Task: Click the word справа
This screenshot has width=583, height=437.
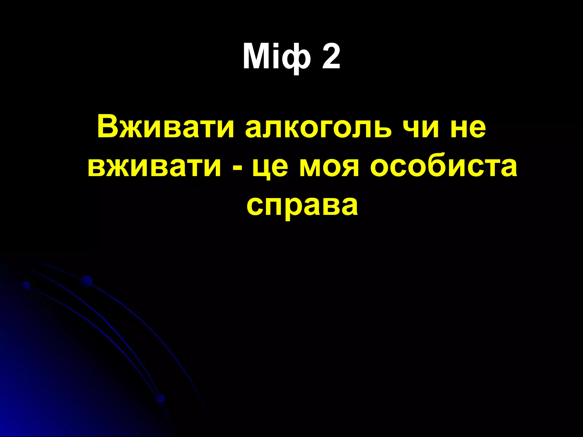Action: click(x=302, y=206)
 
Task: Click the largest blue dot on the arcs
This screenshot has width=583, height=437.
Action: click(x=86, y=281)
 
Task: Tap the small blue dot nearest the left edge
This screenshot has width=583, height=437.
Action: click(x=26, y=285)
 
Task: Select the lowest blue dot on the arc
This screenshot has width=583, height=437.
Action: click(x=161, y=398)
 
